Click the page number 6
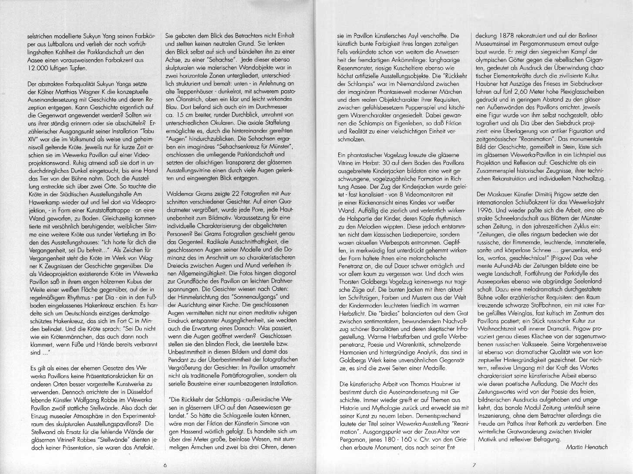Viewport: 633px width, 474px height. [165, 465]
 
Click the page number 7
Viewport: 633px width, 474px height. [474, 465]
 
